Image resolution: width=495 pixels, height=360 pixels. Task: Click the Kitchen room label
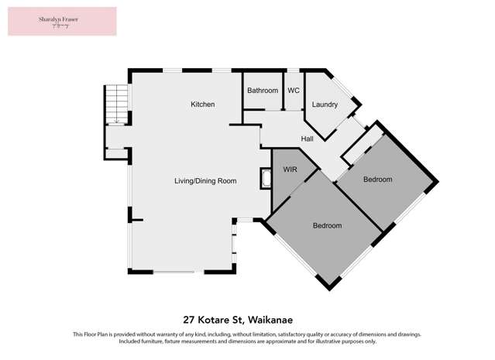[203, 105]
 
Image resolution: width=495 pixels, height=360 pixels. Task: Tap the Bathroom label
[263, 91]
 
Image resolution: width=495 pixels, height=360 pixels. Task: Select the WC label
[294, 91]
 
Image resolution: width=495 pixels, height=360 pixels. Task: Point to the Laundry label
[325, 105]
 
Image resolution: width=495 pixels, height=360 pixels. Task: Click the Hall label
[307, 139]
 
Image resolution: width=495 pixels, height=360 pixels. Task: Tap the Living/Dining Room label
[205, 180]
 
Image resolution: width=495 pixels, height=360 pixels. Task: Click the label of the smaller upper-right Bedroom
[378, 179]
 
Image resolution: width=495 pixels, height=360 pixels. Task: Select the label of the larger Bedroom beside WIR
[327, 225]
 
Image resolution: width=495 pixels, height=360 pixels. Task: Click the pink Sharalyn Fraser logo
[62, 22]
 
